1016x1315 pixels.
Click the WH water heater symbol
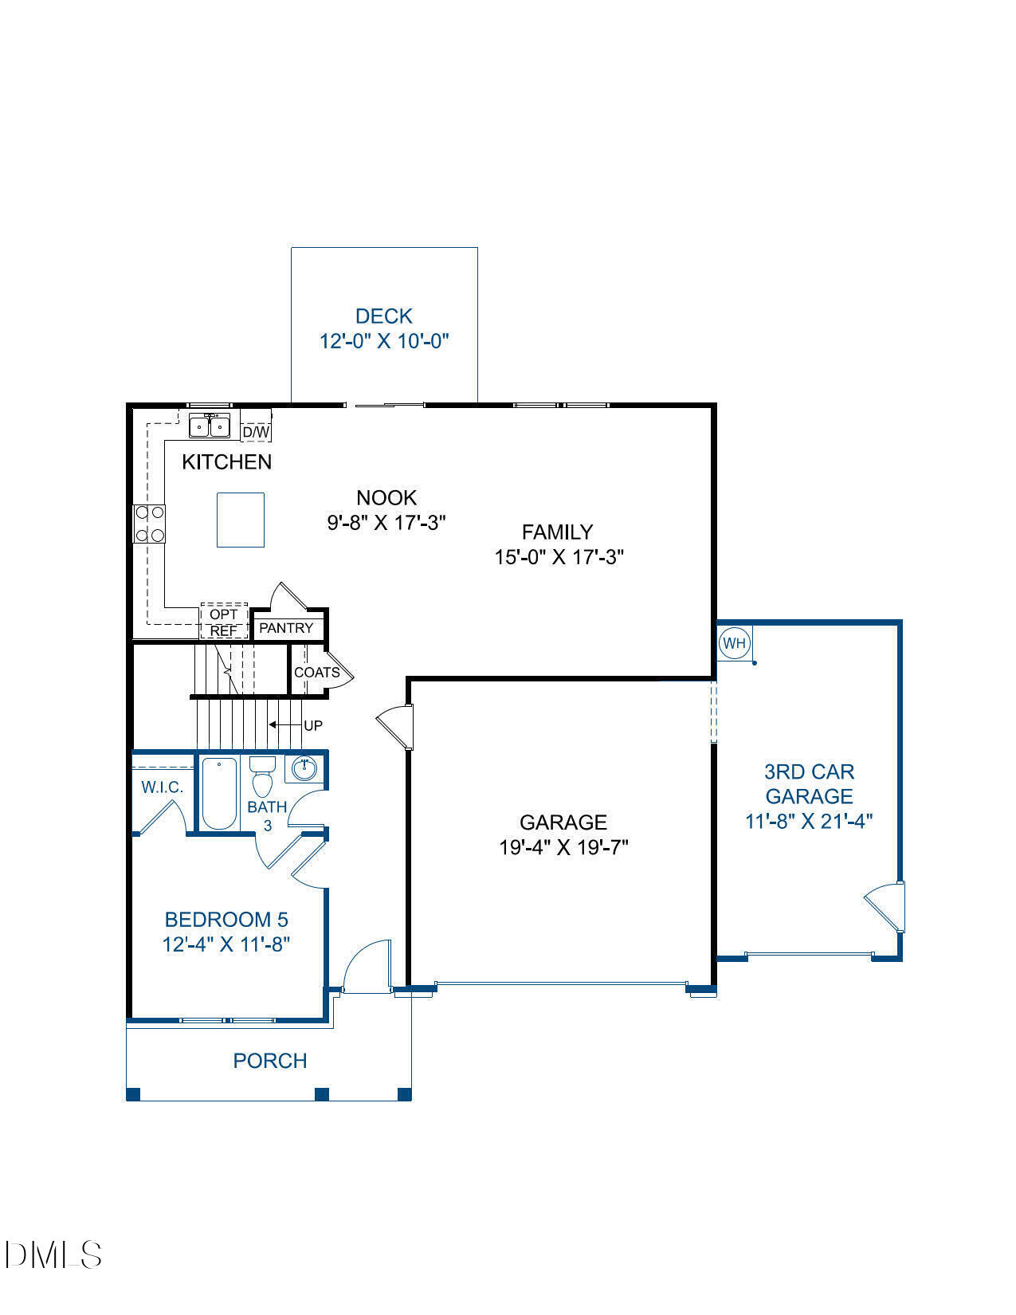(734, 642)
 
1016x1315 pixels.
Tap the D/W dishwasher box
(256, 432)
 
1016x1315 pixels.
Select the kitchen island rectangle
(241, 520)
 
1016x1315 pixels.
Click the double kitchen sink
(210, 426)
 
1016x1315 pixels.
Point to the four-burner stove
(149, 524)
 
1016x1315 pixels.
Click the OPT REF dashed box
(224, 622)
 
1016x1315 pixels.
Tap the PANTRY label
(286, 628)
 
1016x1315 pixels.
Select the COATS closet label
(316, 672)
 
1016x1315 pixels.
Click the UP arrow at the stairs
(284, 725)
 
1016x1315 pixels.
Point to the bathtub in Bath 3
(218, 794)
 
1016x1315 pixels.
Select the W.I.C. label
(163, 787)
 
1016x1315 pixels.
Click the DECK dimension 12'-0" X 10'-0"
(384, 341)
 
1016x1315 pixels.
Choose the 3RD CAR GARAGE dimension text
(809, 821)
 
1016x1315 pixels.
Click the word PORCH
(270, 1061)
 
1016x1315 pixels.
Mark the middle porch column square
(322, 1093)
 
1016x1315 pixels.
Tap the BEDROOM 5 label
(226, 920)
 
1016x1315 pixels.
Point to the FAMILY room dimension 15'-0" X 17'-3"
(559, 556)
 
